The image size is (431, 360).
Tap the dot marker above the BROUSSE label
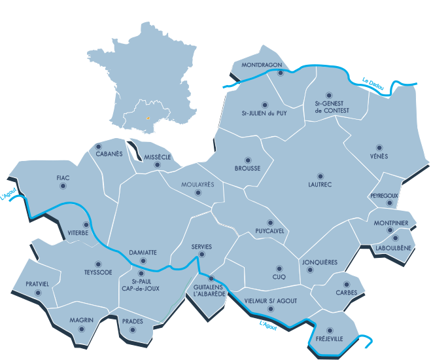point(247,160)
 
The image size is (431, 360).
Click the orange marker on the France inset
point(148,118)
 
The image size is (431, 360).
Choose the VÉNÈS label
point(378,156)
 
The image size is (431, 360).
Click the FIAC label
point(63,177)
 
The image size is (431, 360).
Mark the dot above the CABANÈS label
point(99,146)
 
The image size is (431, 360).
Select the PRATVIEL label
point(37,284)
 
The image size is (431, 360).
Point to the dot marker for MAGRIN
point(81,329)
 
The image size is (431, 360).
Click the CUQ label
point(279,277)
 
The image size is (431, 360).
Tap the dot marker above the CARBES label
point(346,284)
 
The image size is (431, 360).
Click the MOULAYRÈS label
point(201,185)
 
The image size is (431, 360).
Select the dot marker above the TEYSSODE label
point(98,264)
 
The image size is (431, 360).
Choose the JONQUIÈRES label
point(320,262)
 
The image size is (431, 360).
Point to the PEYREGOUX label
point(384,195)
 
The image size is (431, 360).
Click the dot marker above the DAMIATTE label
point(143,261)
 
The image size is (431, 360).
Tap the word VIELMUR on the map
point(256,300)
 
